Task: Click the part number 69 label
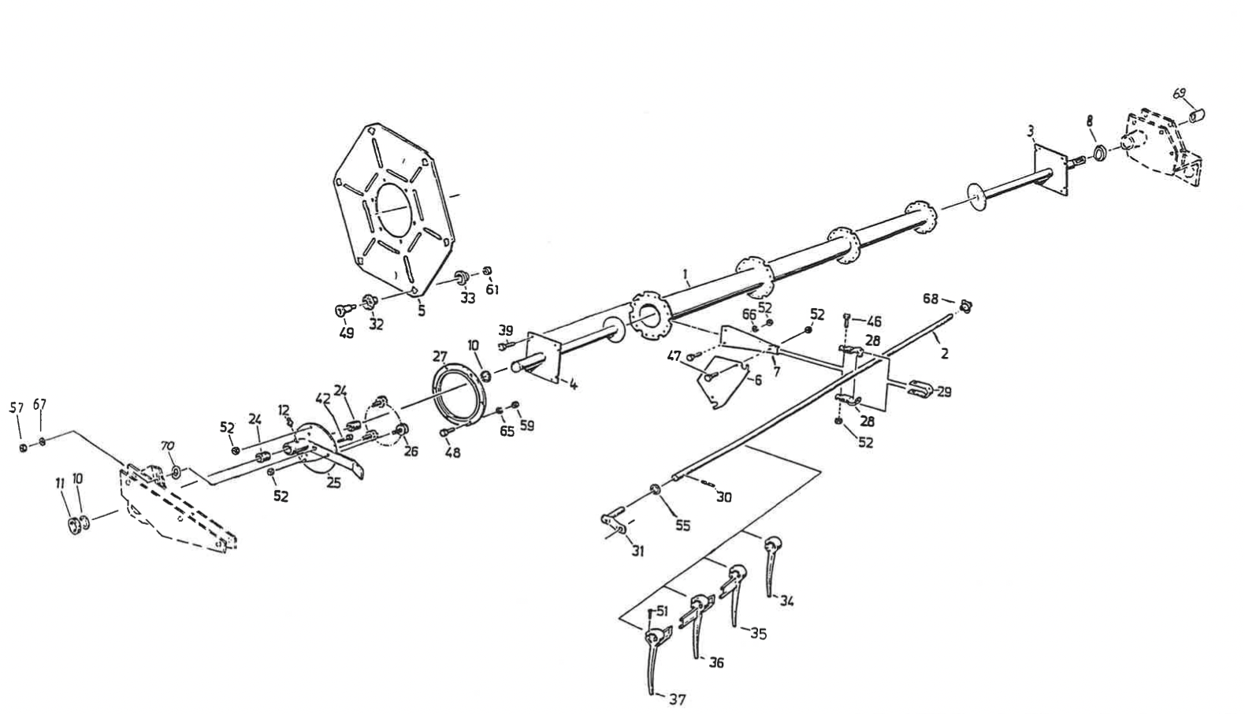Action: tap(1179, 94)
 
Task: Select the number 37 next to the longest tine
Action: tap(677, 699)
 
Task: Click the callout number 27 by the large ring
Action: tap(440, 357)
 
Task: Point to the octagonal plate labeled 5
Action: tap(394, 211)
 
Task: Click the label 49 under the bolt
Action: tap(346, 333)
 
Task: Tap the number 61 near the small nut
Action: tap(492, 290)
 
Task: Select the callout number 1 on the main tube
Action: tap(686, 273)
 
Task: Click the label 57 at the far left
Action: tap(17, 407)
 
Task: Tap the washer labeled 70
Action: tap(177, 473)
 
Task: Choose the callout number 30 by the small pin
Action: tap(723, 497)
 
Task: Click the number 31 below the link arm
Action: tap(637, 551)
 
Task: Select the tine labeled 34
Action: tap(771, 566)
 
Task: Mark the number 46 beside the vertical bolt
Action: tap(874, 322)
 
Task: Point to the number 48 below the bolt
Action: tap(453, 452)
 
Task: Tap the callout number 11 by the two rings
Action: tap(60, 482)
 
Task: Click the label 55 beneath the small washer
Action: tap(682, 525)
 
